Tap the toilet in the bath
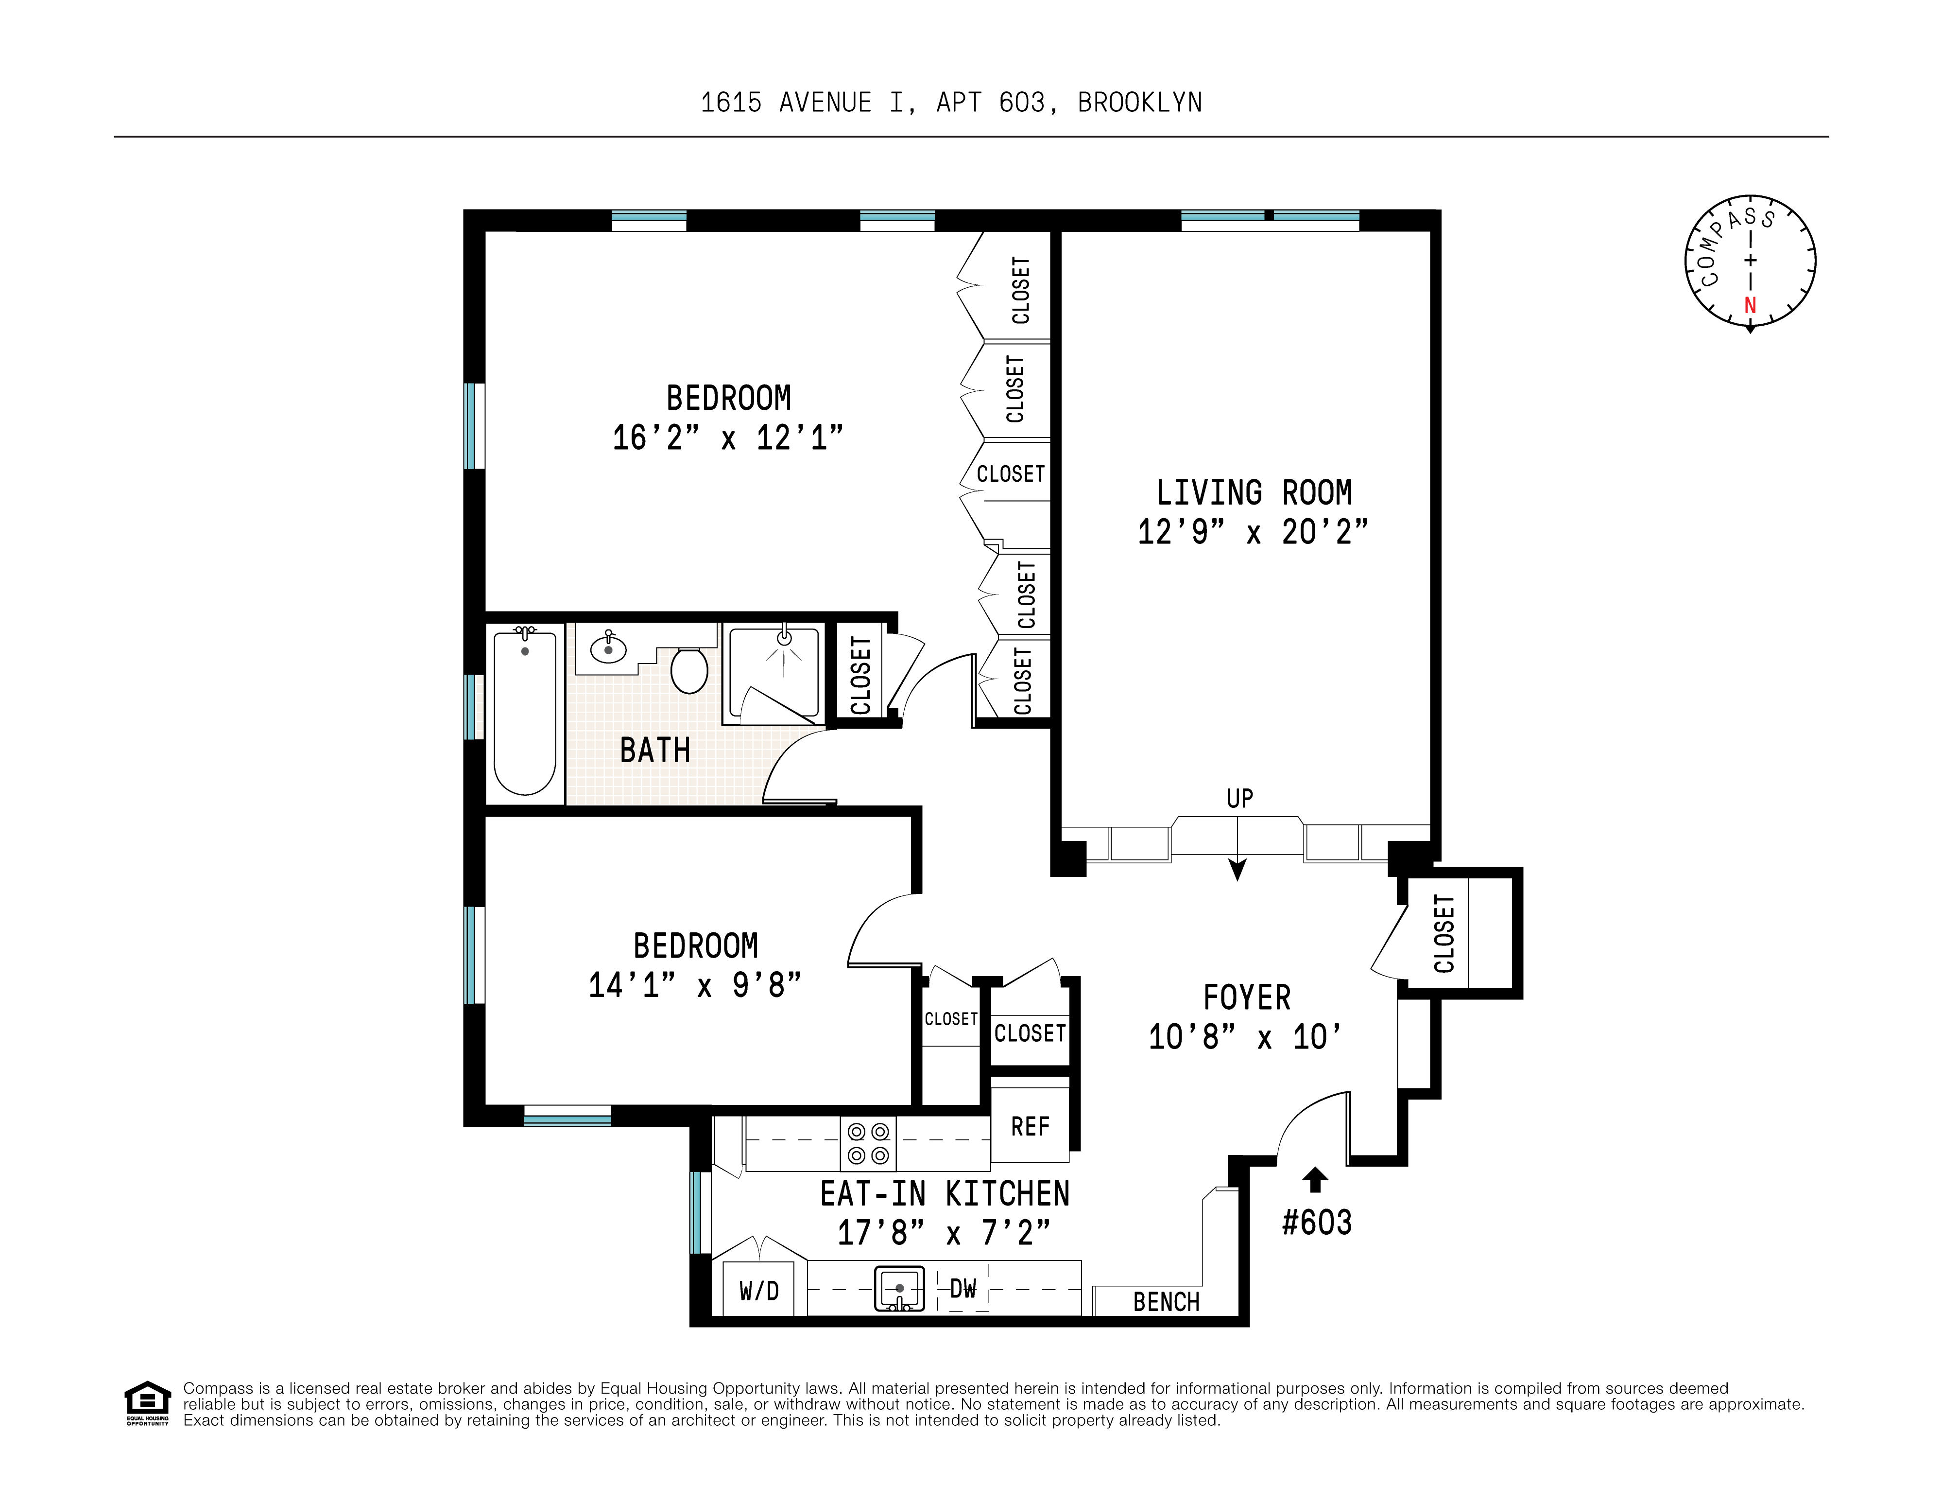pos(689,670)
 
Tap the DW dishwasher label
pos(963,1288)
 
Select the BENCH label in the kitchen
pos(1166,1302)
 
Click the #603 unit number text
pos(1316,1223)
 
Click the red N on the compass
pos(1750,305)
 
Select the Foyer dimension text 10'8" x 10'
pos(1245,1037)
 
